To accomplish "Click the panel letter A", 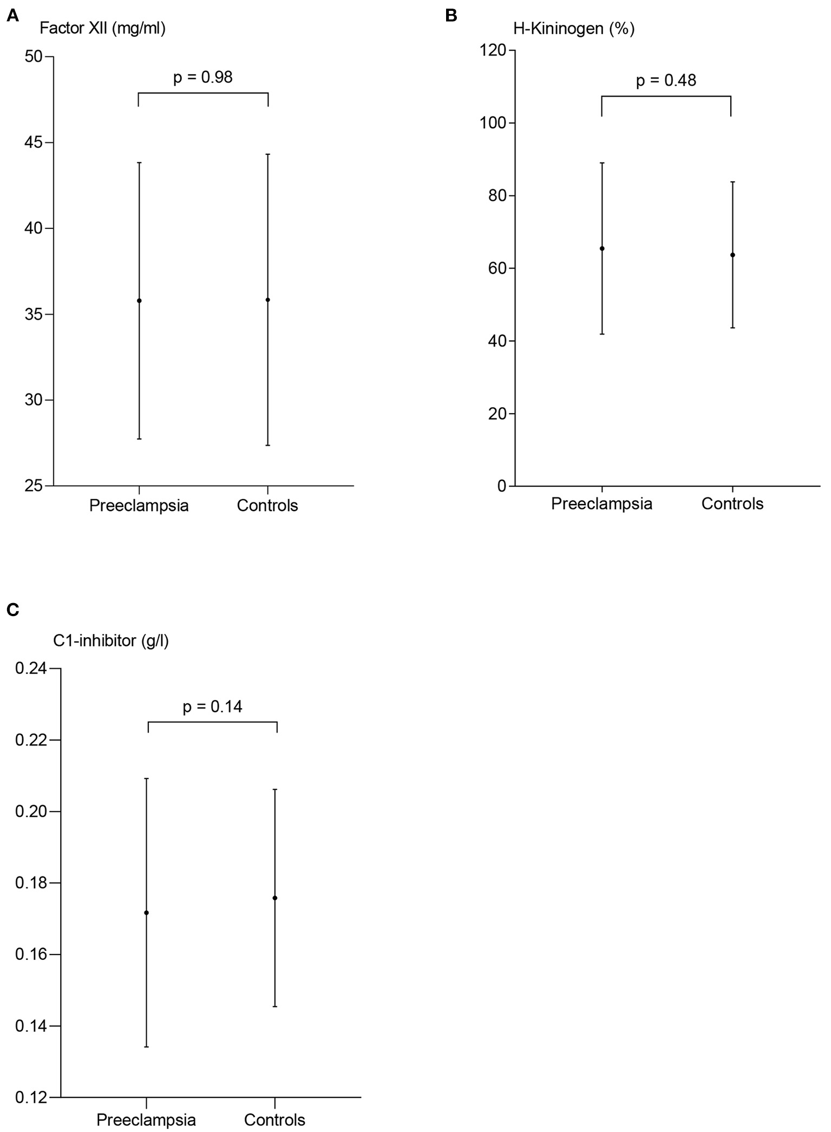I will pos(12,16).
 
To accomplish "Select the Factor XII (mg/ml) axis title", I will pos(102,28).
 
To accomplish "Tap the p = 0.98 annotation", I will pos(203,77).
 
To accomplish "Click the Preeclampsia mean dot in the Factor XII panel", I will pos(139,300).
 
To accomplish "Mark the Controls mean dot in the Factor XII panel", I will pos(268,299).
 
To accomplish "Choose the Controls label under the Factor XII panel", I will pos(267,506).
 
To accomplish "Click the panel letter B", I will pos(451,16).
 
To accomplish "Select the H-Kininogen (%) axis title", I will pos(574,28).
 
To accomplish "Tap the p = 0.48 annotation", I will pos(666,81).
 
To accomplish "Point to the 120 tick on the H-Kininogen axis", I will pos(493,50).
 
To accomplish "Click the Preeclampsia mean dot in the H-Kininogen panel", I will pos(602,248).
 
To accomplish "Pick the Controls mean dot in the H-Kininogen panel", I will pos(732,255).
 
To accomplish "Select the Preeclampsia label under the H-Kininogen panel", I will pos(601,504).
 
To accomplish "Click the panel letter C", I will pos(12,610).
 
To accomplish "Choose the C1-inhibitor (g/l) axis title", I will pos(111,641).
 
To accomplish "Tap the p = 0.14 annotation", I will pos(212,706).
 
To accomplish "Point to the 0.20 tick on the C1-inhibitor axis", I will pos(31,812).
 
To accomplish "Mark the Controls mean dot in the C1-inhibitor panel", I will pos(275,898).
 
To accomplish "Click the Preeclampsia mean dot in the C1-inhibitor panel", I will pos(146,913).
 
